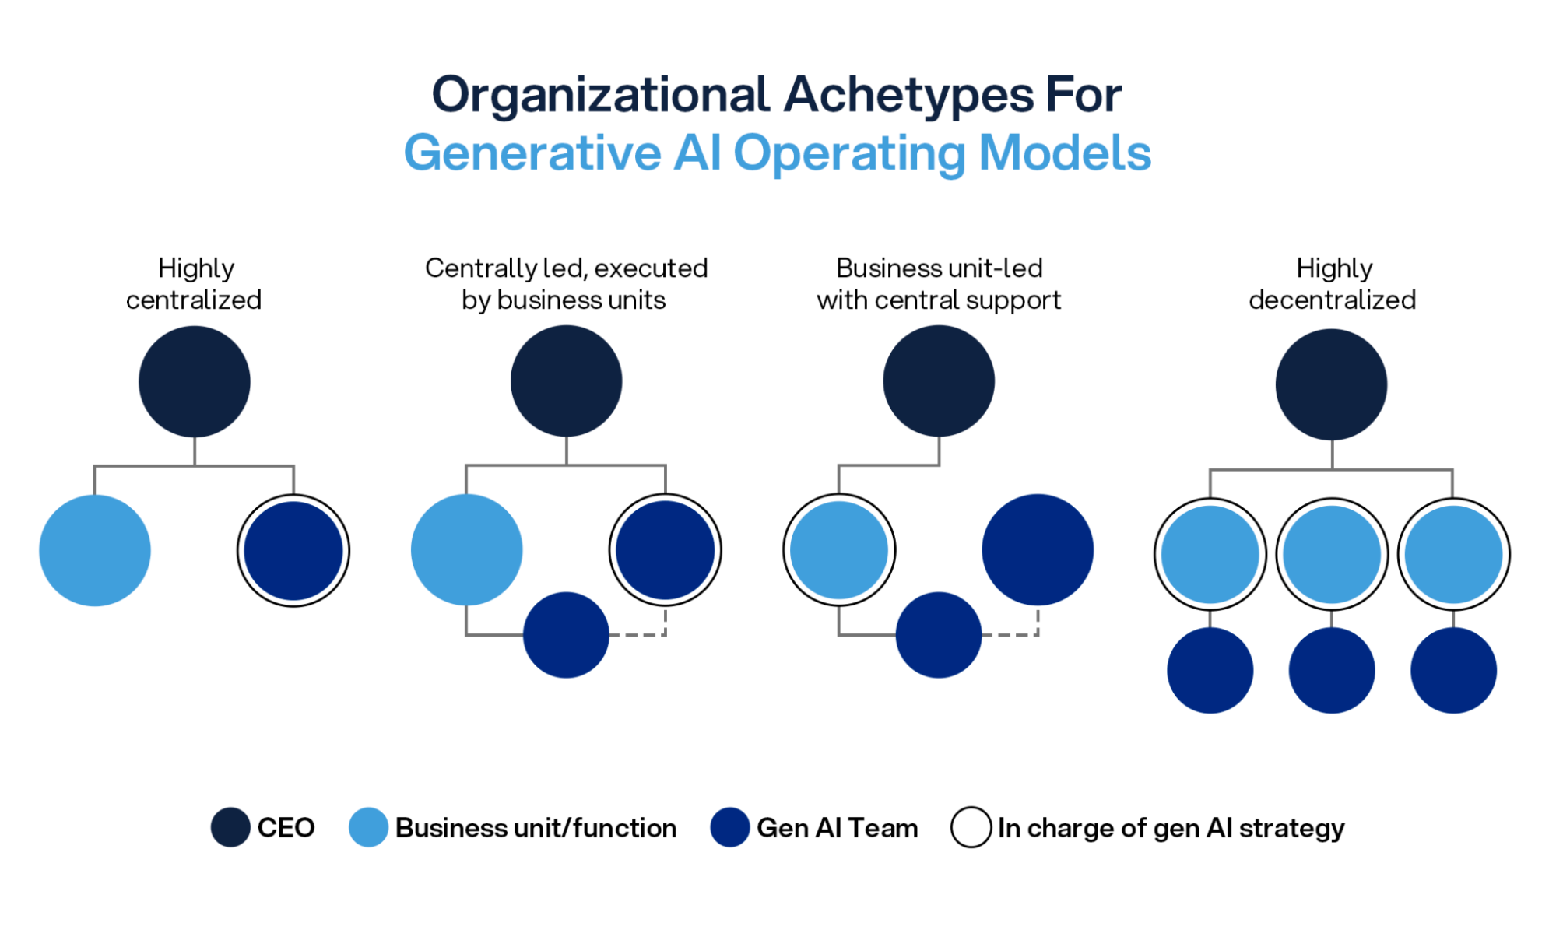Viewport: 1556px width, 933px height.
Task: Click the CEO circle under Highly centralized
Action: (x=194, y=381)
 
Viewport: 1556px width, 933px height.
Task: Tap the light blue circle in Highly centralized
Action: (x=94, y=550)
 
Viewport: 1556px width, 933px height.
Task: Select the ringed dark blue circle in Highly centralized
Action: (x=293, y=550)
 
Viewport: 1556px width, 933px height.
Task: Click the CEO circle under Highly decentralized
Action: (x=1331, y=384)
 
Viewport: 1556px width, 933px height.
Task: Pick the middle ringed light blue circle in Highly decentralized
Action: (x=1332, y=554)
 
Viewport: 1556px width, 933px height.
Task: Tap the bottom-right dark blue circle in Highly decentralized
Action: (x=1453, y=670)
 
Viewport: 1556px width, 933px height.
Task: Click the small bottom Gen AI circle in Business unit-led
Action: (x=939, y=635)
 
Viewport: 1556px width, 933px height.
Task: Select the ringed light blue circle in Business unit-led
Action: (x=839, y=550)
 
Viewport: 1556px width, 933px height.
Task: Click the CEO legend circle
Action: (x=230, y=827)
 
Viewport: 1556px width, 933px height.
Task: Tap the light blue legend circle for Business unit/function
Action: (x=368, y=827)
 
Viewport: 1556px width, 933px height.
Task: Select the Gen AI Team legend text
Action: (x=837, y=828)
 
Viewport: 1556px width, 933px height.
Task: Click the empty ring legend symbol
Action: (x=971, y=827)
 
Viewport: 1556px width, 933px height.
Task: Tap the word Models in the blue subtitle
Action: (x=1064, y=153)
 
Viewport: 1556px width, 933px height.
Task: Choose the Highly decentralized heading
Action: (x=1332, y=284)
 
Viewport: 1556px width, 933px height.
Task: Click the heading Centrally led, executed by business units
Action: (x=566, y=284)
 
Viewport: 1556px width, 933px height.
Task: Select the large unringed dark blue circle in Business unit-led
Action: (x=1038, y=550)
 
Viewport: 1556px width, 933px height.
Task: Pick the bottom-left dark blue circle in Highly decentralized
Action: (x=1210, y=670)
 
